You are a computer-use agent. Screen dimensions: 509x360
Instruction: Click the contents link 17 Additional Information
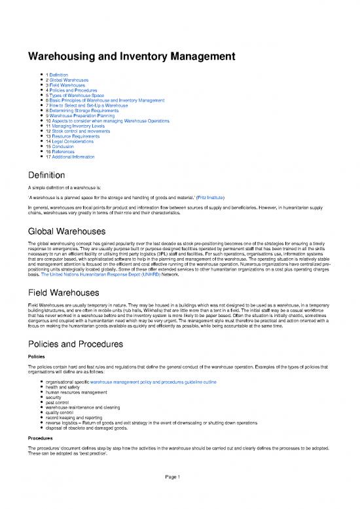pos(75,158)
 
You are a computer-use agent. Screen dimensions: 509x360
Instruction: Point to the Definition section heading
pos(45,176)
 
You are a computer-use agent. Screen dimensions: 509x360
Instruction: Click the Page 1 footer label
pos(179,495)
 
